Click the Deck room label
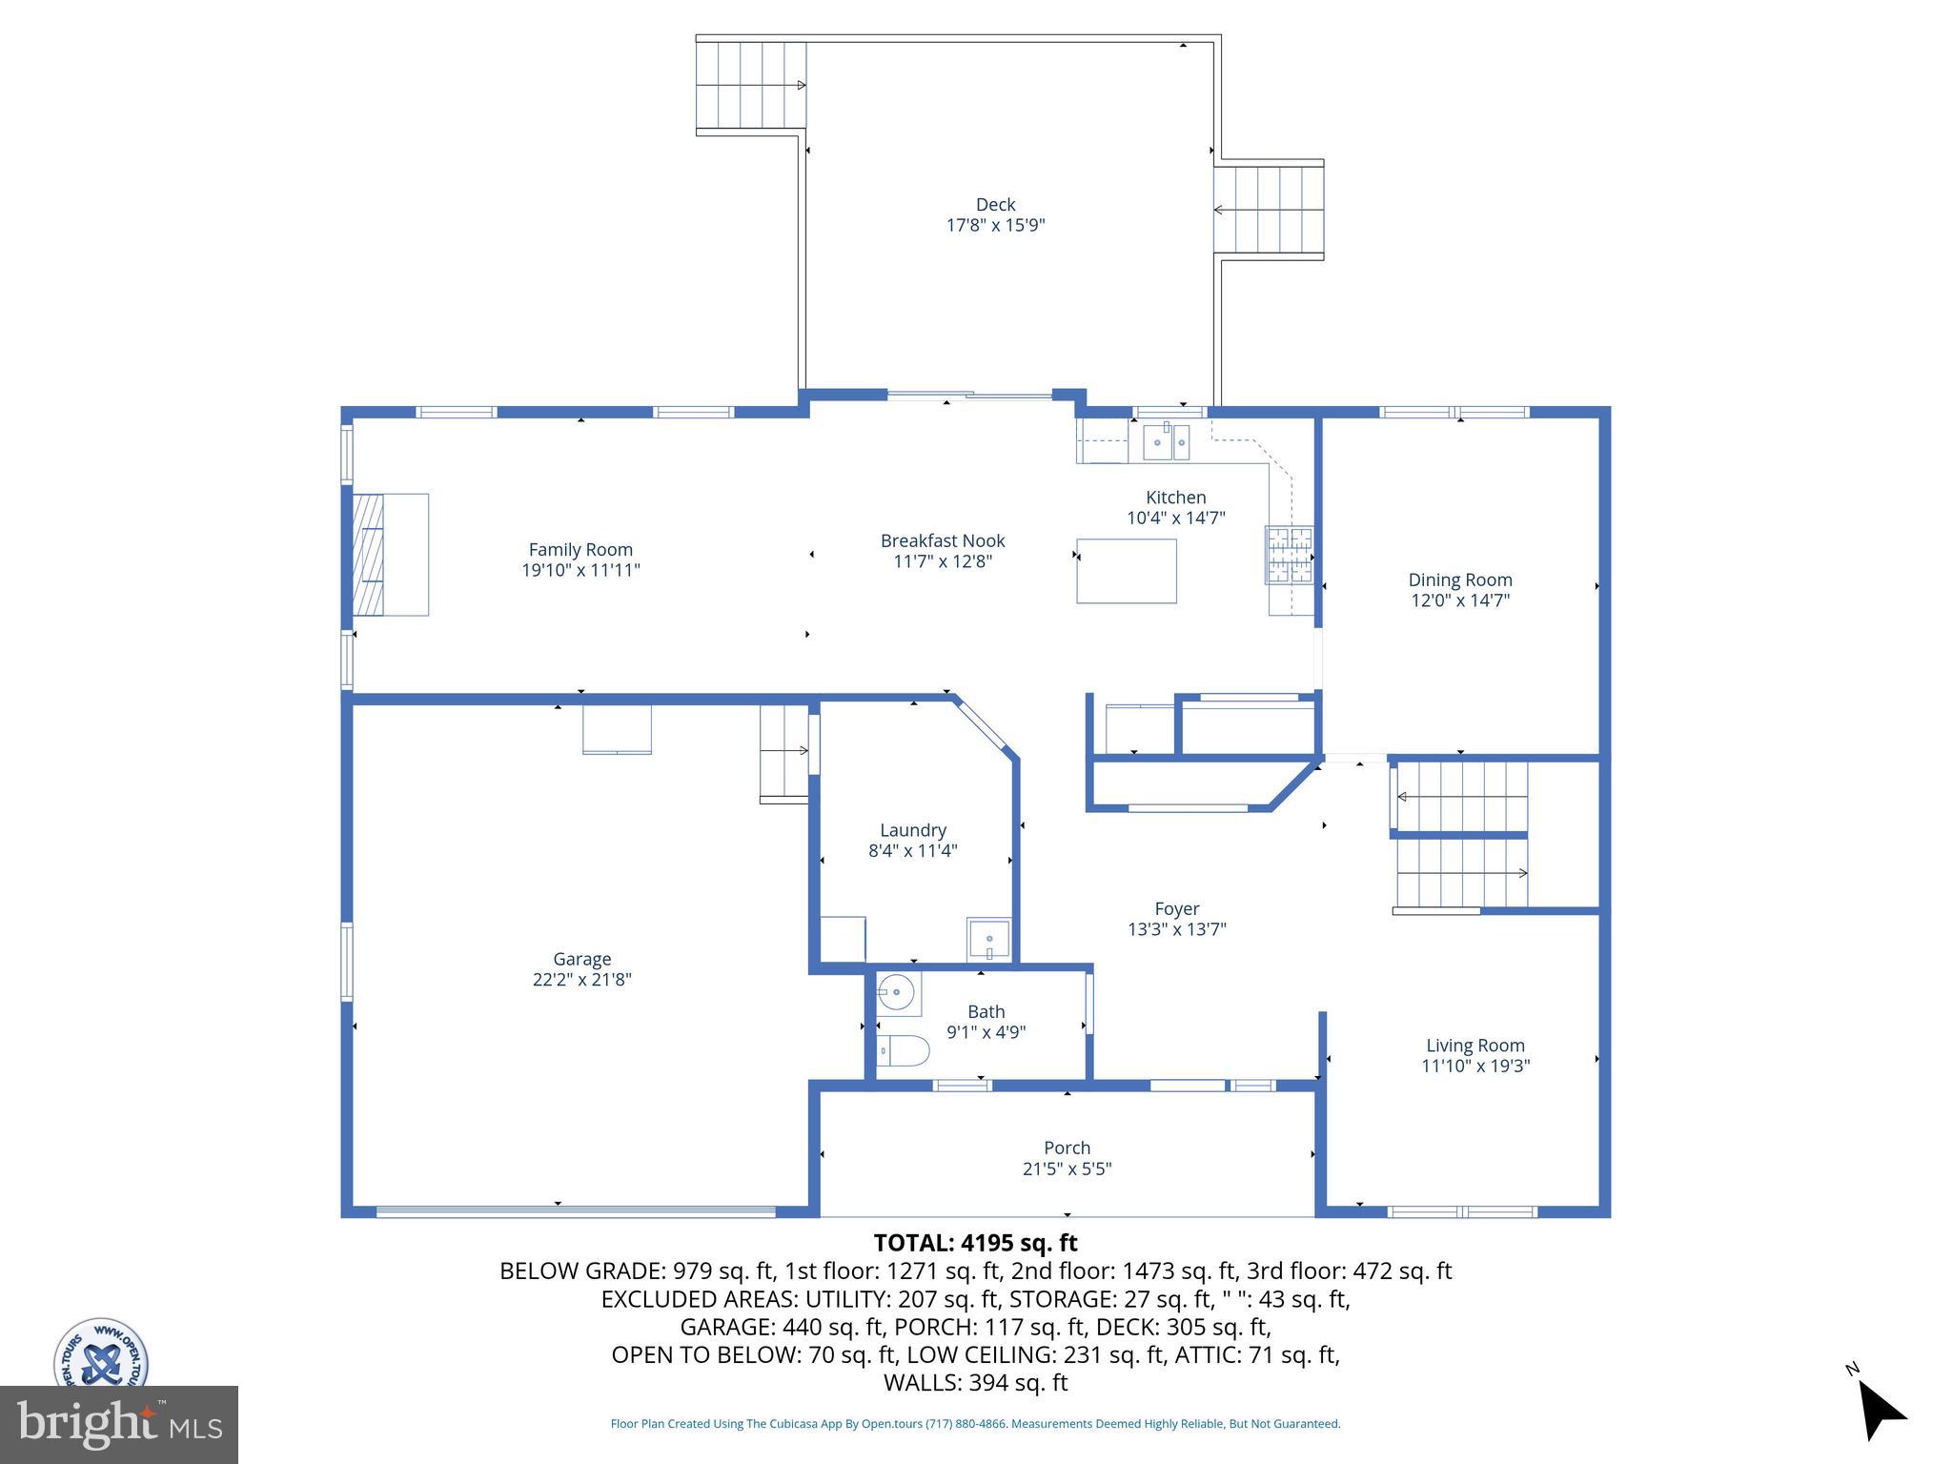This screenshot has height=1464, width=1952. tap(995, 205)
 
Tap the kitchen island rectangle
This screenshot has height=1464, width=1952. tap(1126, 571)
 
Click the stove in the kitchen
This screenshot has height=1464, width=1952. tap(1289, 554)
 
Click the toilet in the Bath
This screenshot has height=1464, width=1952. tap(903, 1051)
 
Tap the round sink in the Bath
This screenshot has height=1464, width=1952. tap(896, 993)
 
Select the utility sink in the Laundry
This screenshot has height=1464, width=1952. tap(988, 940)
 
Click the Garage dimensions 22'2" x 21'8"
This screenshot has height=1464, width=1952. tap(581, 980)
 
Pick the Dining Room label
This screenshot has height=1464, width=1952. tap(1460, 579)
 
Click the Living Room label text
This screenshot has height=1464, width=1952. tap(1474, 1046)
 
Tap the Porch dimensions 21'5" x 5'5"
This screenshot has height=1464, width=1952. tap(1067, 1169)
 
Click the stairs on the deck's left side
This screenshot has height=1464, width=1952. tap(750, 85)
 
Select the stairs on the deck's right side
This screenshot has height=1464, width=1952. tap(1269, 210)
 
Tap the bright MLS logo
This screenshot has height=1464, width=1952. tap(119, 1424)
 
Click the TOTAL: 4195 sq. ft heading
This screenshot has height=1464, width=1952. tap(975, 1243)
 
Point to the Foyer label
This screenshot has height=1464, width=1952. tap(1176, 908)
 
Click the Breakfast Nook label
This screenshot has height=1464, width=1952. tap(942, 540)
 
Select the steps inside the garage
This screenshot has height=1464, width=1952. tap(783, 753)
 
